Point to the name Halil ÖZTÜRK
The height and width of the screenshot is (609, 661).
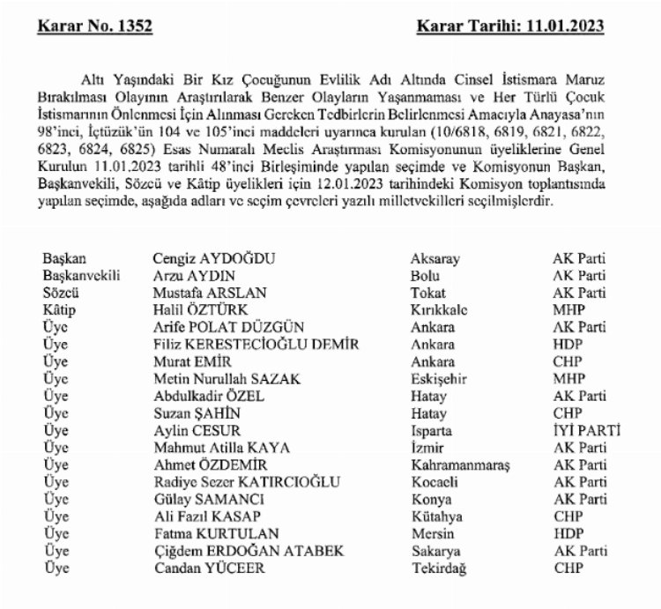point(197,310)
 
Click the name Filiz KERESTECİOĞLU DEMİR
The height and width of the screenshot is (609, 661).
point(255,345)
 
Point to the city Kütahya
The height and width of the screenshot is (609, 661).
point(434,516)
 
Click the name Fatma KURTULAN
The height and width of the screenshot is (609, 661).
point(206,534)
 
